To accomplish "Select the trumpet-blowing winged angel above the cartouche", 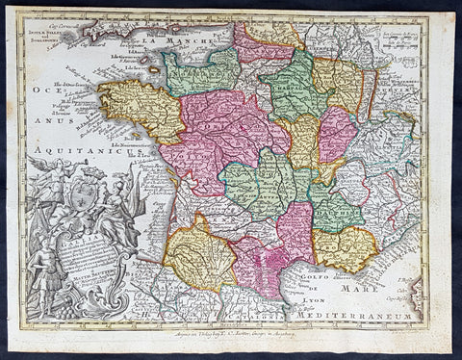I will click(46, 169).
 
